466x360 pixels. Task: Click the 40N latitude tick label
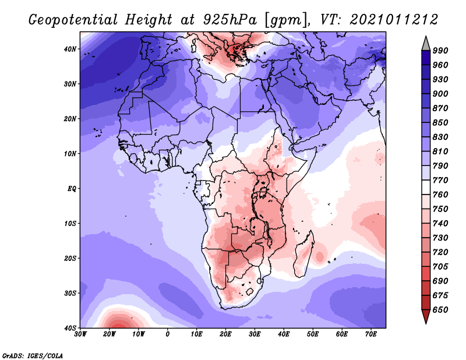tap(70, 49)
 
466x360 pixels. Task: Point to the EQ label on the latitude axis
tap(72, 189)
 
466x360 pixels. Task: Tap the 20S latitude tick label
tap(70, 258)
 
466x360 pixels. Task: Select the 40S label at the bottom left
tap(70, 328)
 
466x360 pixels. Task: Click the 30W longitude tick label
tap(80, 334)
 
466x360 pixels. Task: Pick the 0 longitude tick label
tap(168, 334)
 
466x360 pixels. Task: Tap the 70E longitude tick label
tap(371, 334)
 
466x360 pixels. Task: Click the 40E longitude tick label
tap(284, 334)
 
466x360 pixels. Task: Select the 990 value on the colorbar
tap(440, 51)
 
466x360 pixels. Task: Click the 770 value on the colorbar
tap(440, 180)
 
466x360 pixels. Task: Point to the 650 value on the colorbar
tap(440, 310)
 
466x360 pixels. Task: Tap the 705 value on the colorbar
tap(440, 266)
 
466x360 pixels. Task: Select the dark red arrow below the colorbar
tap(426, 315)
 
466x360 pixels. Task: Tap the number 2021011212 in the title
tap(394, 20)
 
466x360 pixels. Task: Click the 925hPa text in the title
tap(229, 20)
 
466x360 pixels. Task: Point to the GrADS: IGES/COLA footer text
tap(33, 355)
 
